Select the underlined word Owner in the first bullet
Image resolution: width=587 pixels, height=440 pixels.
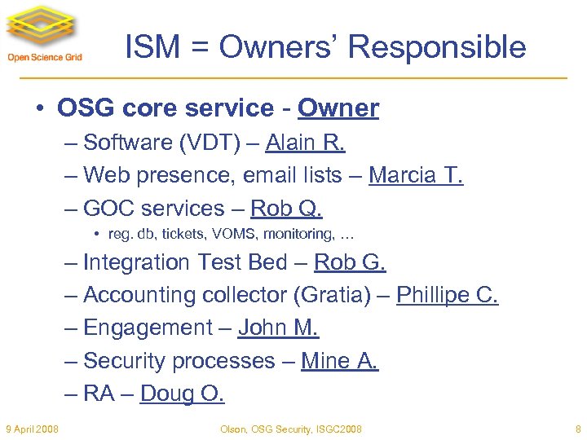click(x=338, y=108)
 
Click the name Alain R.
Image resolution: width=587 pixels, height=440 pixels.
click(x=305, y=143)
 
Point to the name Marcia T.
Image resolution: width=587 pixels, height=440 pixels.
click(x=416, y=175)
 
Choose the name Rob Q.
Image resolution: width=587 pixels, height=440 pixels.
click(x=286, y=209)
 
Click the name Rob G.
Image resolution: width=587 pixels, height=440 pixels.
click(x=350, y=262)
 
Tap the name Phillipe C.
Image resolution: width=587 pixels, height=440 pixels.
click(x=447, y=295)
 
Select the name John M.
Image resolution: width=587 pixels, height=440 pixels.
click(x=278, y=328)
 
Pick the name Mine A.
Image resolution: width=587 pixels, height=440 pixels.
click(x=340, y=360)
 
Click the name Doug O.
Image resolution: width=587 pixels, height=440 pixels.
click(x=182, y=394)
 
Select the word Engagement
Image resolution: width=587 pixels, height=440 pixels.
click(x=148, y=328)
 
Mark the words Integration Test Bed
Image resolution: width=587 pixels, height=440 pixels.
click(x=186, y=262)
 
